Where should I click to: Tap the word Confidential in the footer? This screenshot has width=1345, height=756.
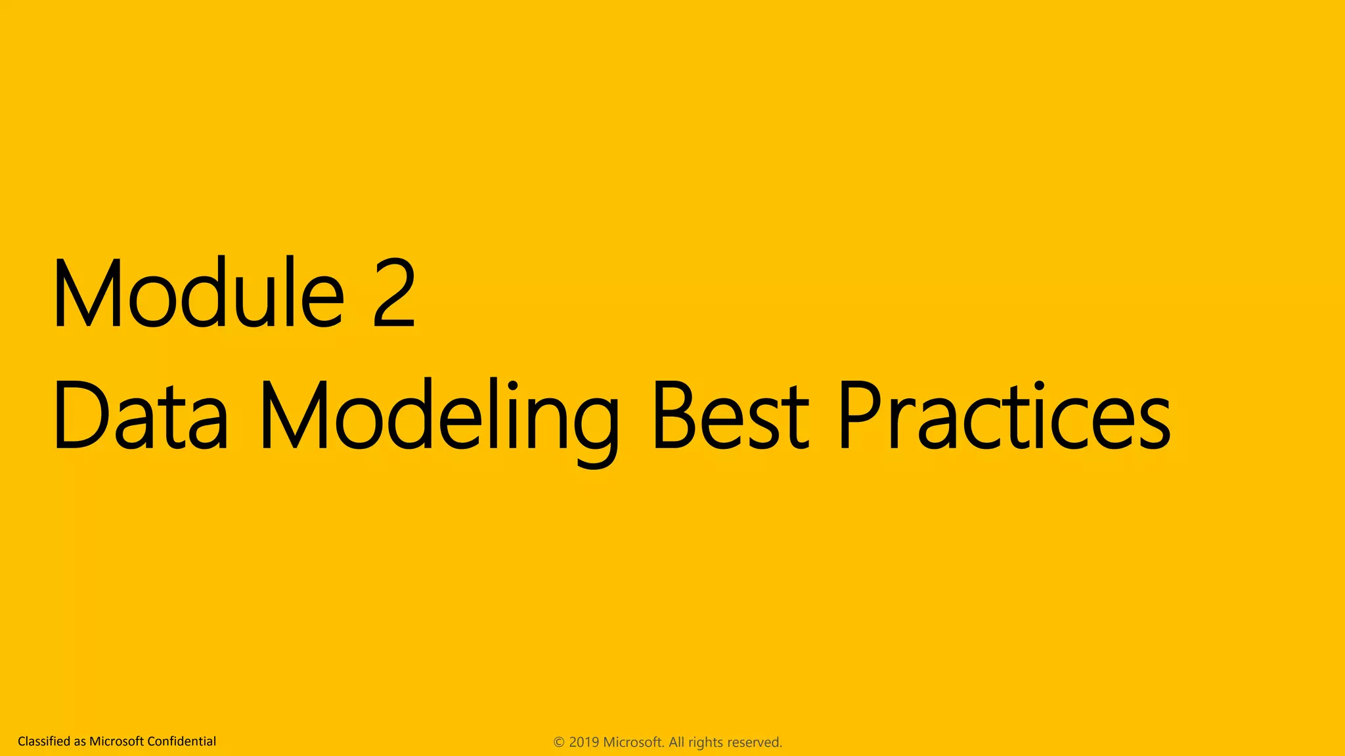(x=181, y=742)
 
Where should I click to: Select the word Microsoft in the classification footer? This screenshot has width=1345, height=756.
(x=116, y=742)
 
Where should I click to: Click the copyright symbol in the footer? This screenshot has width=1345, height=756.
(x=559, y=742)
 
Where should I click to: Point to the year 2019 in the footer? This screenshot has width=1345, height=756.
(x=584, y=742)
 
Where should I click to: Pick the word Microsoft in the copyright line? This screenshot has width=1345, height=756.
(x=633, y=742)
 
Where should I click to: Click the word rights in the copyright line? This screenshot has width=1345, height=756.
(x=705, y=742)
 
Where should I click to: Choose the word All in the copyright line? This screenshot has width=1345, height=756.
(x=676, y=742)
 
